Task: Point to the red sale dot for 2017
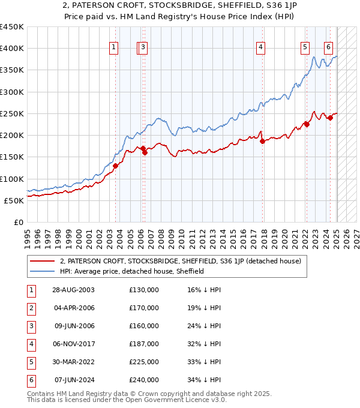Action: (263, 142)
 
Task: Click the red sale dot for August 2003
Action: (115, 166)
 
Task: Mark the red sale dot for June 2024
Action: (330, 118)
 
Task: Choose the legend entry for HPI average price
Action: (132, 271)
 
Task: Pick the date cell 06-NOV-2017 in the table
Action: (74, 344)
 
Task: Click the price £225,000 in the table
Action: (144, 362)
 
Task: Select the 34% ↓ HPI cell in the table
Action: (204, 380)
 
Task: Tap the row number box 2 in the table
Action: (30, 308)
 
